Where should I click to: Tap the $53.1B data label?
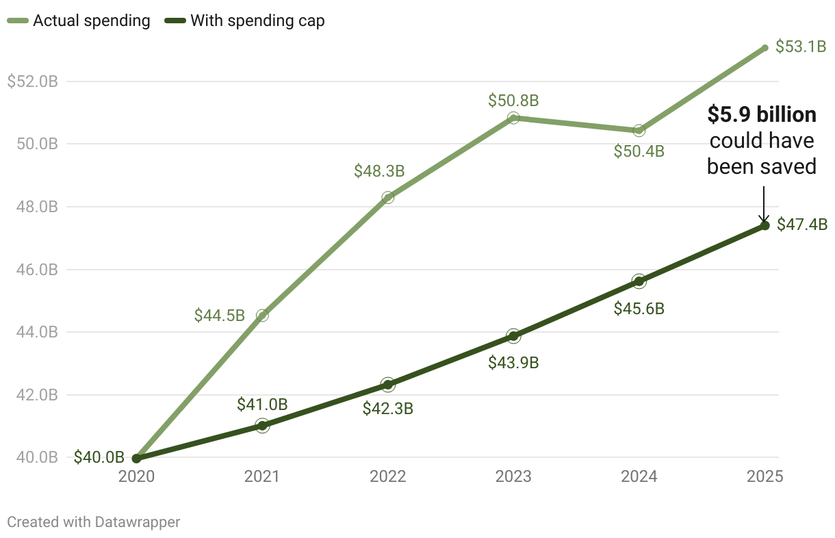tap(801, 48)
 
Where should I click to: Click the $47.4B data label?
tap(801, 225)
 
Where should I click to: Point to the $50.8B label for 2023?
tap(513, 101)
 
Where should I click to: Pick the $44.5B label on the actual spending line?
tap(219, 316)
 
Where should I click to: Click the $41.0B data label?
tap(262, 405)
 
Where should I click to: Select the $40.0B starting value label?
tap(99, 457)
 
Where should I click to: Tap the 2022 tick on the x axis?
tap(388, 476)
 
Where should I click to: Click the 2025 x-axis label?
tap(765, 476)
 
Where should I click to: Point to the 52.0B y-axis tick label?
tap(32, 81)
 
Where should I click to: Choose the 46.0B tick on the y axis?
tap(32, 270)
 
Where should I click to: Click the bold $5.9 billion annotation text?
tap(762, 115)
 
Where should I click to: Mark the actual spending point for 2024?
tap(639, 130)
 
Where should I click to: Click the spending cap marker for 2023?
tap(513, 335)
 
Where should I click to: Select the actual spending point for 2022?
tap(388, 197)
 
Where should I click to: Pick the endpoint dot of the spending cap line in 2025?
tap(765, 225)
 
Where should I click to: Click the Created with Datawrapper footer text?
tap(93, 522)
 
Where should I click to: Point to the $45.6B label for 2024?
tap(639, 309)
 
